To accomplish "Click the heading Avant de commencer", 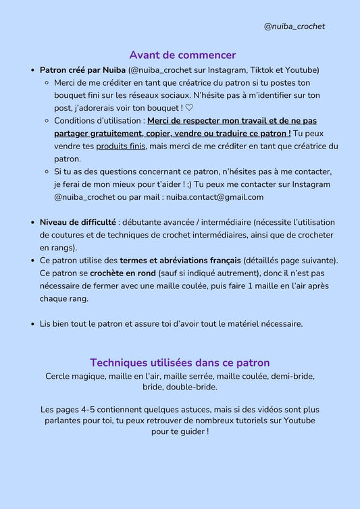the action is point(182,55).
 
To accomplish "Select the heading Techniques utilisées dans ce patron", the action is point(180,363).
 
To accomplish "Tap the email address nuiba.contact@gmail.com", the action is point(214,197).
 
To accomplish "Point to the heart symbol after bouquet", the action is point(189,108).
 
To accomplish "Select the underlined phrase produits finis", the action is point(121,146).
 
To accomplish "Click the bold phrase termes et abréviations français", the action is point(180,260).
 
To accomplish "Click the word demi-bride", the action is point(292,375).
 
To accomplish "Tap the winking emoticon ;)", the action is point(186,184).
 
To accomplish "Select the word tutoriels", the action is point(257,421).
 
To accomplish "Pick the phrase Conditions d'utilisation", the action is point(99,121).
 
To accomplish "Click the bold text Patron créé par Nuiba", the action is point(83,70).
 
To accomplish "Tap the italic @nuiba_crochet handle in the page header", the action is point(294,26).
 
